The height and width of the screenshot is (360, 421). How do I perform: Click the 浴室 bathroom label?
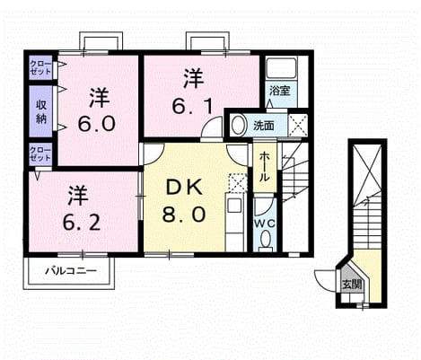[x=280, y=91]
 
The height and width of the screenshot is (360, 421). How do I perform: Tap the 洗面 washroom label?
[x=264, y=126]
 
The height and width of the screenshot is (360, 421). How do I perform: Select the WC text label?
[x=265, y=224]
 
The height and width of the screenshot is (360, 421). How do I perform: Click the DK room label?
[x=184, y=188]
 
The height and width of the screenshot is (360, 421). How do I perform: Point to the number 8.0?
[x=184, y=215]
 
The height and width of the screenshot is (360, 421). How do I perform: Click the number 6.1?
[x=192, y=106]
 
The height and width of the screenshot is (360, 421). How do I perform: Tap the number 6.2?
[x=82, y=222]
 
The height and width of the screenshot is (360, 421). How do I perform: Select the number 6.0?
[x=97, y=124]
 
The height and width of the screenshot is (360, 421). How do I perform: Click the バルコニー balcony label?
[x=71, y=271]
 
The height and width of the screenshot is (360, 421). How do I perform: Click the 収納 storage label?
[x=41, y=111]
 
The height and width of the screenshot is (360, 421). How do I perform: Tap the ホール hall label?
[x=264, y=166]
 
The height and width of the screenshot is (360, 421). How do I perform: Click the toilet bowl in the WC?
[x=265, y=240]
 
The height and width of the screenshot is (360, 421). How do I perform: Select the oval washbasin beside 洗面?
[x=239, y=126]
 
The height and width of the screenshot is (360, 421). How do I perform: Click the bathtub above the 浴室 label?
[x=281, y=68]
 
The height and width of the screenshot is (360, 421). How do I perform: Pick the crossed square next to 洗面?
[x=298, y=126]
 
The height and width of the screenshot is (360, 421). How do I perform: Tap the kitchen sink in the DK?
[x=234, y=206]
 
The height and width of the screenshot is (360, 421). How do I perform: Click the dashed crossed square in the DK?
[x=238, y=182]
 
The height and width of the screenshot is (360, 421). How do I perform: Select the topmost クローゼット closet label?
[x=40, y=68]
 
